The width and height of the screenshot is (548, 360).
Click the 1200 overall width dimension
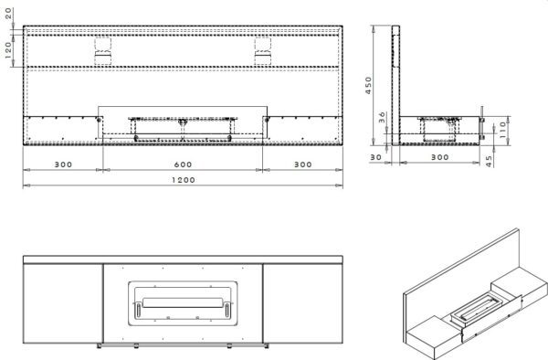tap(184, 180)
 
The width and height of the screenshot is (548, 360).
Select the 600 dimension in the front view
tap(184, 164)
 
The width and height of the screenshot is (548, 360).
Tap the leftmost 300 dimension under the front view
tap(63, 164)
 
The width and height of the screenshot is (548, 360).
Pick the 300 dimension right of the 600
tap(302, 164)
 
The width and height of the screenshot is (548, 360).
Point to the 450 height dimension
tap(368, 85)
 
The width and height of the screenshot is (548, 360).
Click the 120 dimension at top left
tap(9, 50)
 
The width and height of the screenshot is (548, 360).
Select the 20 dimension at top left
tap(9, 14)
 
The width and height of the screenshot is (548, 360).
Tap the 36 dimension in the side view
tap(382, 117)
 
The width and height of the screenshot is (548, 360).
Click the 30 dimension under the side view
tap(375, 157)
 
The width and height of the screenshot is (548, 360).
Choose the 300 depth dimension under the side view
tap(439, 157)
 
